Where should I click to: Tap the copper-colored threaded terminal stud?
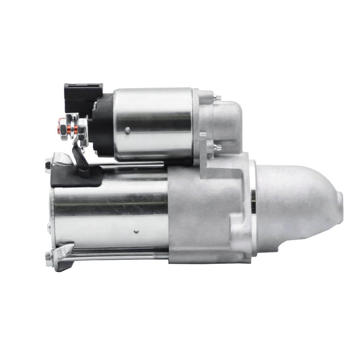pos(65,125)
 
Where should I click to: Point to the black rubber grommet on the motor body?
pos(75,176)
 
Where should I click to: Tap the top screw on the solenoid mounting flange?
pos(216,99)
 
